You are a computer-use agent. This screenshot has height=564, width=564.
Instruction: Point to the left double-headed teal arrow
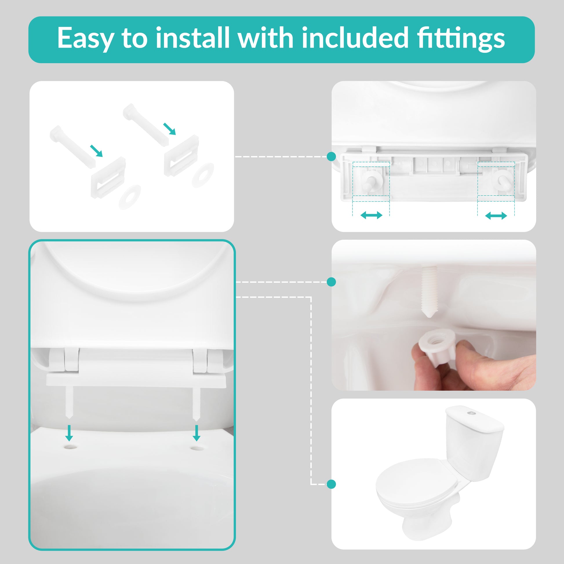(x=371, y=215)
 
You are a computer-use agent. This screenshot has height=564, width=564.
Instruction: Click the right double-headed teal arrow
(x=496, y=216)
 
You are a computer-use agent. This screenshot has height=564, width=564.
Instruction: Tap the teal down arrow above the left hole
(x=69, y=433)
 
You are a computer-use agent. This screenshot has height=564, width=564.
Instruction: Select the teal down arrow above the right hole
(x=197, y=433)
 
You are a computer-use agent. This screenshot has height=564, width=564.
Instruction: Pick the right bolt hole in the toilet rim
(x=197, y=447)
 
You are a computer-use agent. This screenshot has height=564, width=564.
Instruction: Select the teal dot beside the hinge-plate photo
(x=331, y=157)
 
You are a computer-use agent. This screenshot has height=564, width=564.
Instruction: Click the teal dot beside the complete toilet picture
(x=331, y=484)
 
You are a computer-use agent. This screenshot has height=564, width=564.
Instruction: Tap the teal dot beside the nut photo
(x=331, y=282)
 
